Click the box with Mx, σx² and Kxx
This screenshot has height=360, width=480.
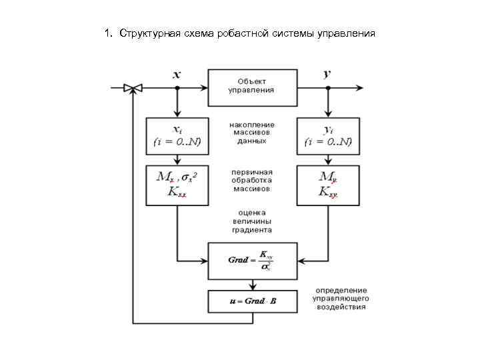(177, 185)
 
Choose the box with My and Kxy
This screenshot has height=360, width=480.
(327, 185)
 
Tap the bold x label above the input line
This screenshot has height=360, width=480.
(177, 74)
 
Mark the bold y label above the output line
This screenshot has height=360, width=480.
(327, 74)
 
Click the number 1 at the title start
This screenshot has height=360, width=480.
(107, 33)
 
